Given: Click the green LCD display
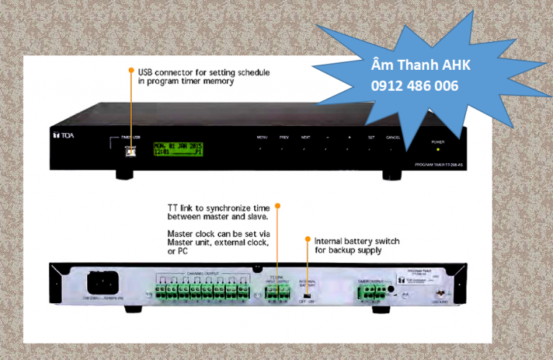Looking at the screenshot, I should tap(177, 148).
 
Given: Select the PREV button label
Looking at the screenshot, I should tap(284, 136).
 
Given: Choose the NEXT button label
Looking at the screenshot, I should tap(305, 136).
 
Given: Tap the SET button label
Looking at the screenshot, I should tap(371, 136).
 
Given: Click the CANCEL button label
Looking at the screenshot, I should tap(393, 136).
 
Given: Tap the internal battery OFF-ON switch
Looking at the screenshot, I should tap(307, 295).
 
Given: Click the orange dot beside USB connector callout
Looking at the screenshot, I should tap(131, 71).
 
